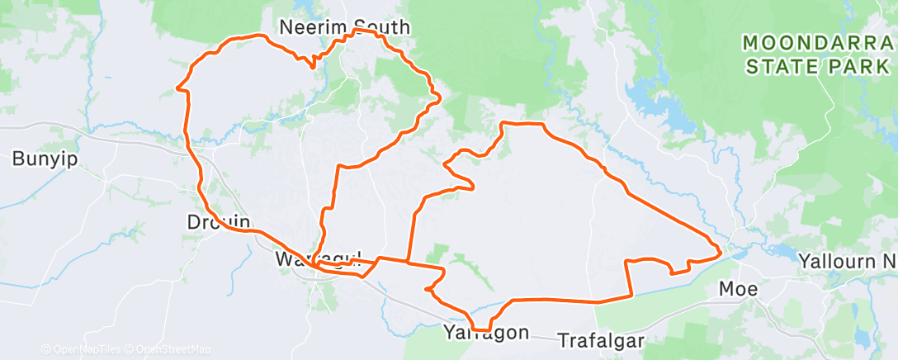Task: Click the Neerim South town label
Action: [344, 26]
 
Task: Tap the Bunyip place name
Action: [45, 159]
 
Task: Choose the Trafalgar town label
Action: [599, 339]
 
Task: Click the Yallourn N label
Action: [847, 262]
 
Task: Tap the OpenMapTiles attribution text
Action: [83, 349]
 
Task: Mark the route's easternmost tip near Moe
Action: [721, 249]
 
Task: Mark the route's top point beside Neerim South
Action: [357, 30]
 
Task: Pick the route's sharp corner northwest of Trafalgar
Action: [631, 296]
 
